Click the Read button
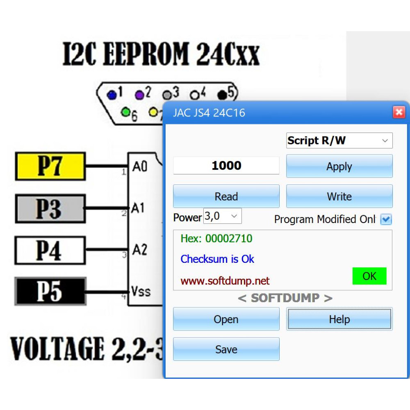[226, 196]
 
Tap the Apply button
[339, 166]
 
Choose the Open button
[226, 319]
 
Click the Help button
[339, 319]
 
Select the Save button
[226, 349]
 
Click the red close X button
[399, 112]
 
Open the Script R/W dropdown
[339, 140]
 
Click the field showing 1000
[226, 166]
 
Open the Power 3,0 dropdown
[223, 216]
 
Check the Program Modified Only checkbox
[386, 219]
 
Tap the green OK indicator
[369, 276]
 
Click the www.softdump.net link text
[225, 281]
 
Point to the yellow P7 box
[50, 166]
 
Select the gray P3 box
[50, 208]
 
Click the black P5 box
[50, 291]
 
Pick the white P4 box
[50, 250]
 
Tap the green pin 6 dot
[125, 112]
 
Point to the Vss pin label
[141, 291]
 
